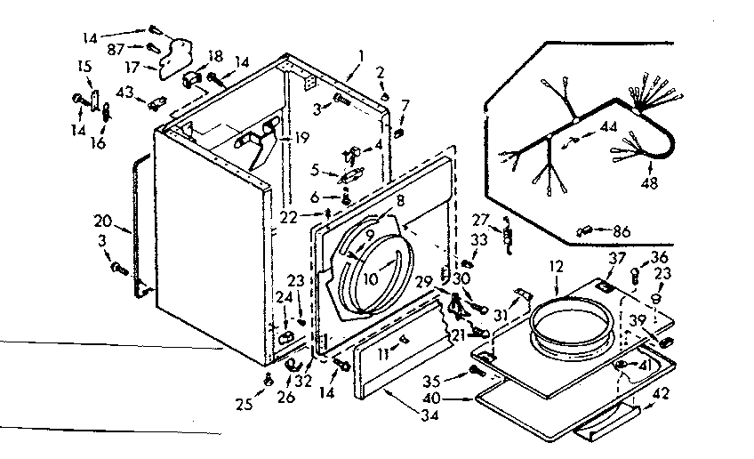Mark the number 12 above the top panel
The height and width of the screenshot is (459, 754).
click(556, 265)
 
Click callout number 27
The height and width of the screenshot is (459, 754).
click(480, 220)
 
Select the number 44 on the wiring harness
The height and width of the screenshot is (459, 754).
click(607, 127)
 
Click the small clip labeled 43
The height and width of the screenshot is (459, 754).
click(159, 101)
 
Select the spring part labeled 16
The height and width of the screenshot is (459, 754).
click(107, 113)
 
